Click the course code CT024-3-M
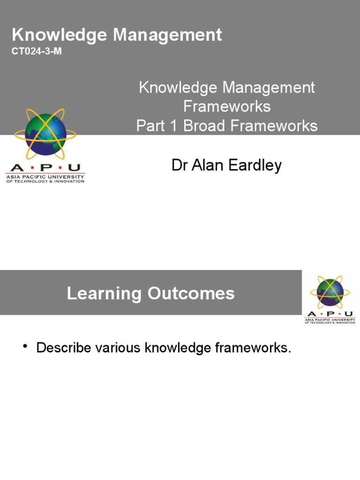coord(37,51)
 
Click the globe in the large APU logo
coord(45,133)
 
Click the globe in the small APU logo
coord(330,292)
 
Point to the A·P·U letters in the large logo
coord(45,168)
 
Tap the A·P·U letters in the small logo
coord(330,314)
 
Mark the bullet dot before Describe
coord(25,347)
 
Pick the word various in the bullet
coord(118,348)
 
